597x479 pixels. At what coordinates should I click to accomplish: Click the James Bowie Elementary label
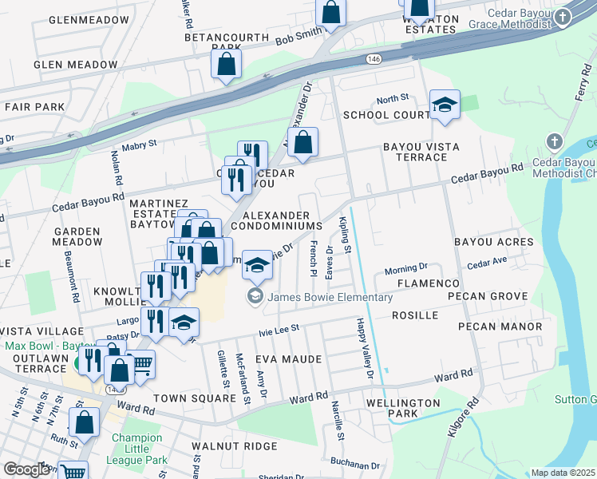tap(330, 298)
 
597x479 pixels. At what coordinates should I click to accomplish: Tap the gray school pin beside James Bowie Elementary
tap(255, 298)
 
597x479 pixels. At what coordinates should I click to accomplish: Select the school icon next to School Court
tap(445, 105)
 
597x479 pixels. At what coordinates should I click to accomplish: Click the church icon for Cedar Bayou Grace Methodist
tap(563, 18)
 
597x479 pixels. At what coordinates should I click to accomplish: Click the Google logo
tap(26, 469)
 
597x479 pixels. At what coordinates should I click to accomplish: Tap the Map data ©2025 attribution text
tap(563, 473)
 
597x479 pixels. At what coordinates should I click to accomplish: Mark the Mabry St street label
tap(140, 144)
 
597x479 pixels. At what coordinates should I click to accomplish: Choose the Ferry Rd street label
tap(581, 84)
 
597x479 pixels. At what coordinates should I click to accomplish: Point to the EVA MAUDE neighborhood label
tap(288, 360)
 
